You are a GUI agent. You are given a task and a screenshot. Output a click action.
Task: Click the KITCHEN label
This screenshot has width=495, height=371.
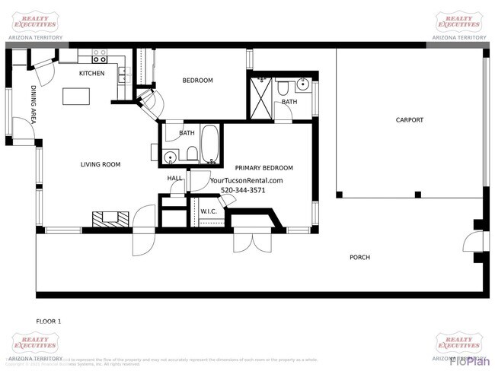coord(92,74)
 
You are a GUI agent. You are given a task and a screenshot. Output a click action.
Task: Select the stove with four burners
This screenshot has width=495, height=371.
coord(99,55)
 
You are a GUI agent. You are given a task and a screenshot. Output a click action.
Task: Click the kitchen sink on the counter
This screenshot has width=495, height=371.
coord(123,75)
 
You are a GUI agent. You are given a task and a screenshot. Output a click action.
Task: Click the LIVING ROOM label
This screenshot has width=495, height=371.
coord(101,164)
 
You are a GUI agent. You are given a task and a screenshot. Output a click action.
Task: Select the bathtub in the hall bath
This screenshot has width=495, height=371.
coord(210,145)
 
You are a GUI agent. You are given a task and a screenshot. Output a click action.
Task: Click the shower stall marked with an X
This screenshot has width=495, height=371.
coord(261,96)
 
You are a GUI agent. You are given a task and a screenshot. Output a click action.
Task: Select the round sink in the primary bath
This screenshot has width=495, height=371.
coord(302,84)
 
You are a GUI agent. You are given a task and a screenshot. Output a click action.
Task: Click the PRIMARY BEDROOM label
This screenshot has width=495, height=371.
coord(263,168)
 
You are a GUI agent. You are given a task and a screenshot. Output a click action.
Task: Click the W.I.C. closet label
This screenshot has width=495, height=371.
coord(209,211)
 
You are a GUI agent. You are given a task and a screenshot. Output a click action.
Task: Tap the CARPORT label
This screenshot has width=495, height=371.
coord(409,120)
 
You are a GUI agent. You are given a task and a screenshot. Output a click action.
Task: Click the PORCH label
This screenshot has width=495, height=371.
coord(359,258)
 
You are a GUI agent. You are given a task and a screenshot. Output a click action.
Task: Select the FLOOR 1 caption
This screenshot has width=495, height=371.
coord(49,321)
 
